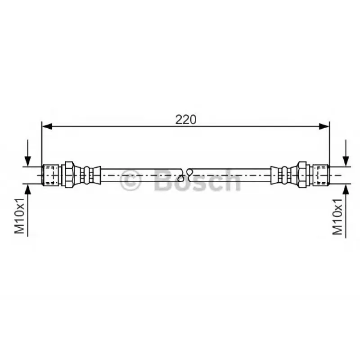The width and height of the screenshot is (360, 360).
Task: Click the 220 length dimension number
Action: (186, 120)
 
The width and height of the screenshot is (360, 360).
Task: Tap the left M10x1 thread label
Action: (19, 216)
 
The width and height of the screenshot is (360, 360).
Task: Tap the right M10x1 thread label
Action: (337, 217)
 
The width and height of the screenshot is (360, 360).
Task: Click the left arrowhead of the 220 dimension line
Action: (47, 126)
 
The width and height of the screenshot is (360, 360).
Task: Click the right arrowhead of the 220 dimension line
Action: (324, 126)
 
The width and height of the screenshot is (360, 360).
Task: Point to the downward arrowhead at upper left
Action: (28, 161)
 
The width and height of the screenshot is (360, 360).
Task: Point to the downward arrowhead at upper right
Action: (346, 161)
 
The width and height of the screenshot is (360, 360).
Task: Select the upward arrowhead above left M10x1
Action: (28, 189)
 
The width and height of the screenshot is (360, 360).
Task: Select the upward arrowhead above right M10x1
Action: (346, 189)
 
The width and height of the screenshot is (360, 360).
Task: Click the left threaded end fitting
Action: (52, 175)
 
